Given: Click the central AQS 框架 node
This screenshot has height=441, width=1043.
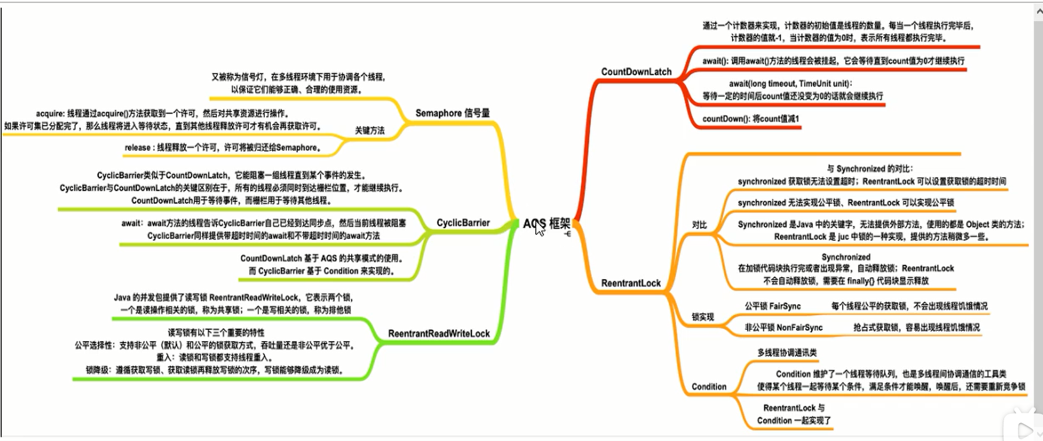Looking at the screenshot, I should pos(547,223).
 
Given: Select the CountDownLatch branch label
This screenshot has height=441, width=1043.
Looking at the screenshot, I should pos(636,72).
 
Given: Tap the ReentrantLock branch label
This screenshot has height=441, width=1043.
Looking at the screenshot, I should pos(630,283).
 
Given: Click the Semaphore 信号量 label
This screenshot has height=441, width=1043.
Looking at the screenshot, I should pos(452,113).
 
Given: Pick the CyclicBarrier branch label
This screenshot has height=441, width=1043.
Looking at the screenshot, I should pos(463,223).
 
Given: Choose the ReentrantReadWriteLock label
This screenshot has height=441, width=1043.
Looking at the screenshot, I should pos(439,333).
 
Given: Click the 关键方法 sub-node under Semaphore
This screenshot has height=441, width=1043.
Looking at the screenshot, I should pos(370,130).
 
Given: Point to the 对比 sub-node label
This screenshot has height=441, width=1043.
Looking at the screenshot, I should pos(699,225).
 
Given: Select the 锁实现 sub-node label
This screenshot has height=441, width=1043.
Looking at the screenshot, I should pos(703,317).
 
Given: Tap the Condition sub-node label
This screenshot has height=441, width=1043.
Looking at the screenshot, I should pos(709,387).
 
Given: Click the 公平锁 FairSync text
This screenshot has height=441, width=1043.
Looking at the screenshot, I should pos(773,306).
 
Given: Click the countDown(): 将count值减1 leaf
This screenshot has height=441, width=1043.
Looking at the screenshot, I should pos(751,119).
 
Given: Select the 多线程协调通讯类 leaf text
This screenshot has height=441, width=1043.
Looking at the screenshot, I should pos(787,353).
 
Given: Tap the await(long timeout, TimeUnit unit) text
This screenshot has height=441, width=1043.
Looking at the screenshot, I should pos(790,84).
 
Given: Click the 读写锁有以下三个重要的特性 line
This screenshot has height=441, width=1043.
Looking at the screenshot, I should pos(216,332).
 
